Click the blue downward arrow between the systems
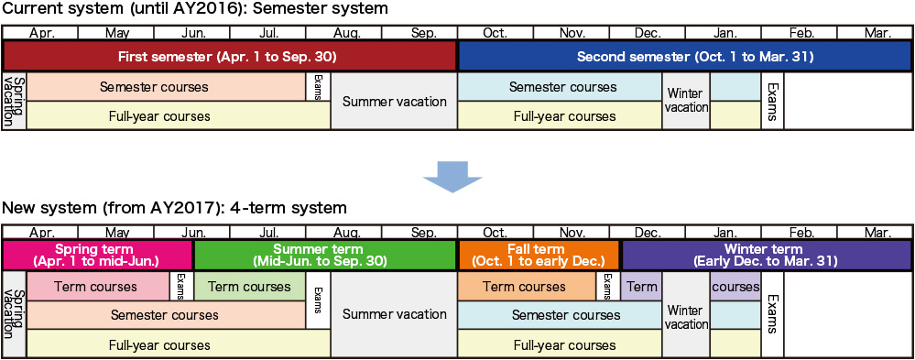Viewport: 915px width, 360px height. click(x=452, y=176)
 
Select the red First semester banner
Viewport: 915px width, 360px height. click(x=229, y=57)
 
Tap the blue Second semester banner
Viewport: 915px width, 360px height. click(x=686, y=57)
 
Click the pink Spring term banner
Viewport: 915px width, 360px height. click(x=97, y=255)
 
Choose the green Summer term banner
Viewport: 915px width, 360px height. click(x=324, y=255)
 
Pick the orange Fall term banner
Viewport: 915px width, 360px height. click(x=539, y=255)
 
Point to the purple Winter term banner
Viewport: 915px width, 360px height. click(x=768, y=255)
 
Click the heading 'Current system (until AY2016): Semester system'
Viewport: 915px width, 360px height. click(x=195, y=10)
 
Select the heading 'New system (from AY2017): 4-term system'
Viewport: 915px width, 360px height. click(x=175, y=208)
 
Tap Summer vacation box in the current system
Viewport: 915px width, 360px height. click(x=394, y=101)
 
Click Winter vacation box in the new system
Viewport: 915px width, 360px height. click(x=686, y=315)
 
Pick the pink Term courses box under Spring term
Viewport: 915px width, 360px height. click(x=98, y=287)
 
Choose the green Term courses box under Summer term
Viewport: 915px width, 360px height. click(x=249, y=287)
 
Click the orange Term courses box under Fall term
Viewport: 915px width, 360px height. click(x=528, y=287)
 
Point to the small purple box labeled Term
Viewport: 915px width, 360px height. click(x=641, y=287)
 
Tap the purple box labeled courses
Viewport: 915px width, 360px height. click(x=735, y=287)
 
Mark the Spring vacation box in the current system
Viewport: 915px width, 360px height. click(x=16, y=101)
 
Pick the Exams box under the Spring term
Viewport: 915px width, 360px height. click(x=181, y=287)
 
